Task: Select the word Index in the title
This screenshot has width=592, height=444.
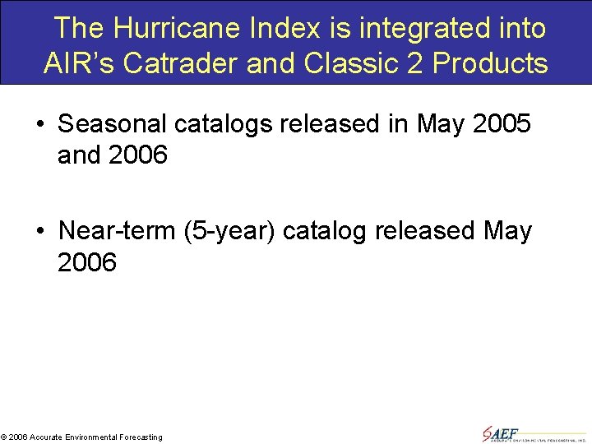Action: point(274,29)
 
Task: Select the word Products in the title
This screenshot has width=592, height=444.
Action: point(495,62)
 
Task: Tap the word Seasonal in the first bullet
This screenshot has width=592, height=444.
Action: point(114,124)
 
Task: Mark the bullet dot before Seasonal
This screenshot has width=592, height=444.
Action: point(41,125)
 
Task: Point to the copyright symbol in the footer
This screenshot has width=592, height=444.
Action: point(4,437)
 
